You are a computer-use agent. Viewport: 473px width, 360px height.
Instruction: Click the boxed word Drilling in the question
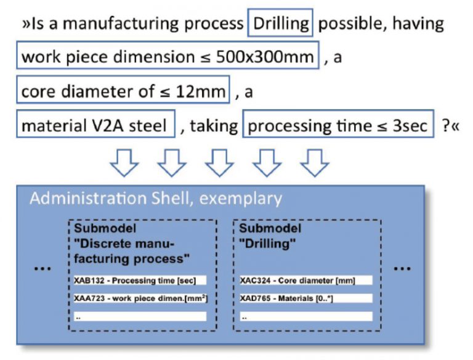280,23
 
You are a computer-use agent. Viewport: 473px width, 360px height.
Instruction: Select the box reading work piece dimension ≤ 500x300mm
168,55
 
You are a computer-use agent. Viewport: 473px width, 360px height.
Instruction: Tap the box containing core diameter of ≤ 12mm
123,90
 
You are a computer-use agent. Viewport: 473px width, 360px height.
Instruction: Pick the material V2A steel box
95,124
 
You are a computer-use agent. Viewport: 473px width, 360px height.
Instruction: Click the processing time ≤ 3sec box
338,124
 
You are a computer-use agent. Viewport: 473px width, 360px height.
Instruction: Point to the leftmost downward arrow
124,163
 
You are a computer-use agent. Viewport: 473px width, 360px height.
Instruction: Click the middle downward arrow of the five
219,163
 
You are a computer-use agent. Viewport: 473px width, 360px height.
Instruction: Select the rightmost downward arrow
315,163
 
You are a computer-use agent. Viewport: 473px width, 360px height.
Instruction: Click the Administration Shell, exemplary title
156,198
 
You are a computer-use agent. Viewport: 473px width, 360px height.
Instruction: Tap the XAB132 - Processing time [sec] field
140,280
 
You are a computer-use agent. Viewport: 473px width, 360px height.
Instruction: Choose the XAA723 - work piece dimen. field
140,298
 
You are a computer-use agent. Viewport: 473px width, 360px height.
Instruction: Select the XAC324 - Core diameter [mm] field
306,280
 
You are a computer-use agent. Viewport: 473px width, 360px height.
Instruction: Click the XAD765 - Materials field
306,298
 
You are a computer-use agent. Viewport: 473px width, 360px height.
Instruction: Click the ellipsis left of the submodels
42,268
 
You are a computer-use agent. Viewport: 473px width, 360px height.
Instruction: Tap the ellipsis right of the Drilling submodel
402,268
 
